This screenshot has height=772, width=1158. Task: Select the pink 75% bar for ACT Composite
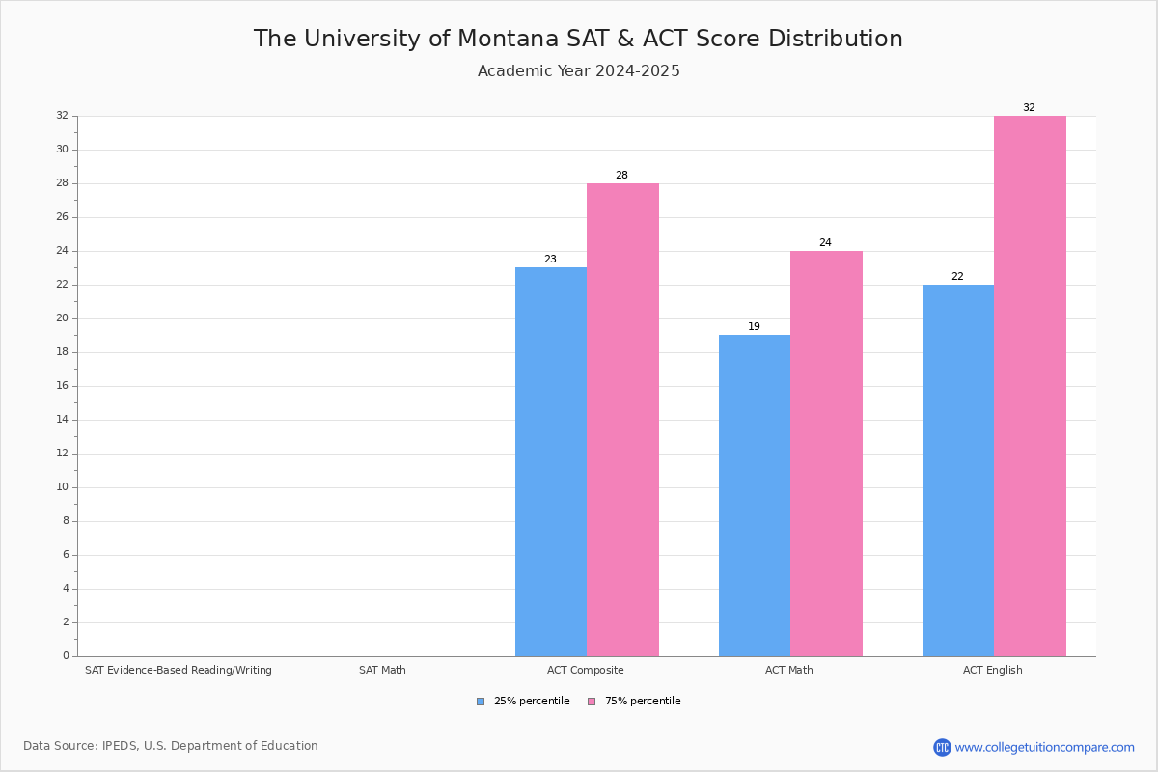pyautogui.click(x=622, y=420)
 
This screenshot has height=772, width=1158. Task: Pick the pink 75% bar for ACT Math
pyautogui.click(x=826, y=454)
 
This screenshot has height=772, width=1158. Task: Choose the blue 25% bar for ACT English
pyautogui.click(x=958, y=470)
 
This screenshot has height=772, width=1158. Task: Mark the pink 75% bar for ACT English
pyautogui.click(x=1030, y=386)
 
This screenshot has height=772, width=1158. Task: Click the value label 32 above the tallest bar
pyautogui.click(x=1029, y=108)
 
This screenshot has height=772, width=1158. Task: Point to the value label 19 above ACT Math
pyautogui.click(x=754, y=327)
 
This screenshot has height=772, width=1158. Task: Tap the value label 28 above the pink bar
pyautogui.click(x=621, y=176)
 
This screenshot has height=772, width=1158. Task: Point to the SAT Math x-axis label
pyautogui.click(x=382, y=670)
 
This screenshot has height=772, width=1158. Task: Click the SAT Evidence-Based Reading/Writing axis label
pyautogui.click(x=179, y=670)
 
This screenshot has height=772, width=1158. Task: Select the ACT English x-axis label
pyautogui.click(x=992, y=670)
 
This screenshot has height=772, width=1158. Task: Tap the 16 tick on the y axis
pyautogui.click(x=62, y=386)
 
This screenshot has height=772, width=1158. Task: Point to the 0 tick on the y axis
pyautogui.click(x=66, y=656)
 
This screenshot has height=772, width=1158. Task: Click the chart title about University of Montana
pyautogui.click(x=578, y=40)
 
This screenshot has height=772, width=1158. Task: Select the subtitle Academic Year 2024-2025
pyautogui.click(x=578, y=71)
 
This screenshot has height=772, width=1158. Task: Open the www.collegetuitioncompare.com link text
pyautogui.click(x=1044, y=747)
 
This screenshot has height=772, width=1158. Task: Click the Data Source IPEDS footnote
pyautogui.click(x=171, y=746)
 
